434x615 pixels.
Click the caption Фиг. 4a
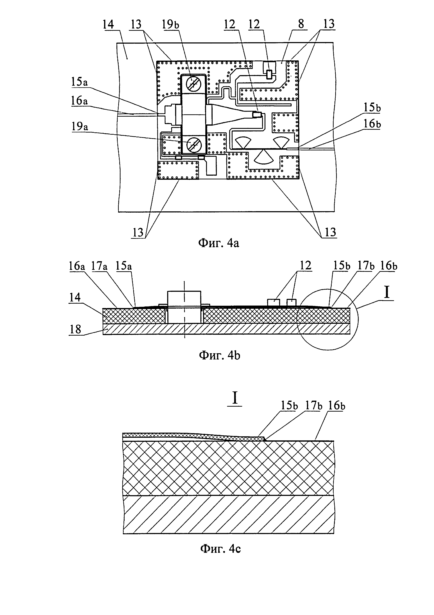[x=218, y=243]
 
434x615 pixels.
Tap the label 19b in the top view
[x=170, y=25]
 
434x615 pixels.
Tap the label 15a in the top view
[x=80, y=82]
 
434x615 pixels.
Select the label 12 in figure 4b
[x=306, y=265]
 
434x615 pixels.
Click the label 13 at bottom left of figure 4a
[x=138, y=232]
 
